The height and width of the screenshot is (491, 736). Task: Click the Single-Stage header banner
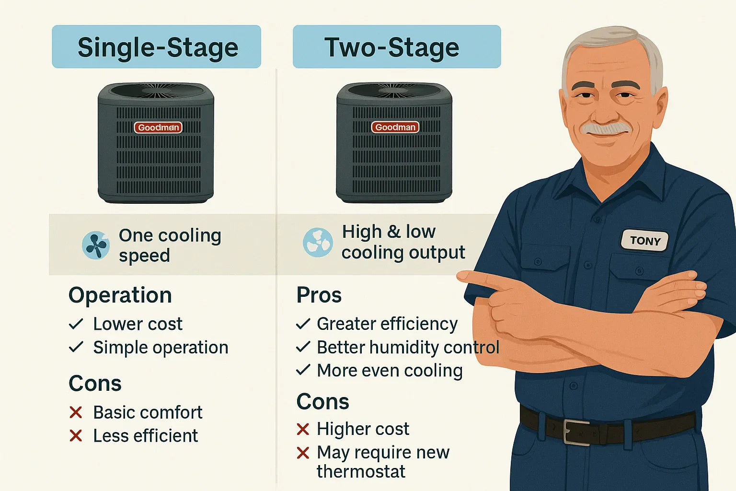pos(157,47)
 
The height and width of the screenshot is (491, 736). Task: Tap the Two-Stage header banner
pos(396,47)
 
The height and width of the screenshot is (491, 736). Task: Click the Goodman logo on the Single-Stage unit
pos(158,128)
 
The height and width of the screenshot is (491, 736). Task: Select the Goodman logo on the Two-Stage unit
pos(395,127)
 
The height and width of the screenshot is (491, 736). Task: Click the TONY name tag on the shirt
pos(644,240)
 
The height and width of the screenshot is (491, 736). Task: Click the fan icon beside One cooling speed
pos(96,245)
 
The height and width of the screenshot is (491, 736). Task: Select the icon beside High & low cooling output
pos(318,242)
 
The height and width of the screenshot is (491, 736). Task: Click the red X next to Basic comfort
pos(76,412)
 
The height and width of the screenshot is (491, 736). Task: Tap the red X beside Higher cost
pos(303,429)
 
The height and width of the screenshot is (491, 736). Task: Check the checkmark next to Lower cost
pos(76,324)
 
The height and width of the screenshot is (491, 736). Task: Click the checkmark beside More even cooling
pos(303,370)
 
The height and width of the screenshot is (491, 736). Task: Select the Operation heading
pos(120,295)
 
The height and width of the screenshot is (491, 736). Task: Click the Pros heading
pos(319,295)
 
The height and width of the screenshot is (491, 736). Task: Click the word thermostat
pos(361,472)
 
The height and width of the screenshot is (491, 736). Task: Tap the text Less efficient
pos(145,436)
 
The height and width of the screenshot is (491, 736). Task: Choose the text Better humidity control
pos(408,347)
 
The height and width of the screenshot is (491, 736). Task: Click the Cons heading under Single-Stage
pos(95,384)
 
